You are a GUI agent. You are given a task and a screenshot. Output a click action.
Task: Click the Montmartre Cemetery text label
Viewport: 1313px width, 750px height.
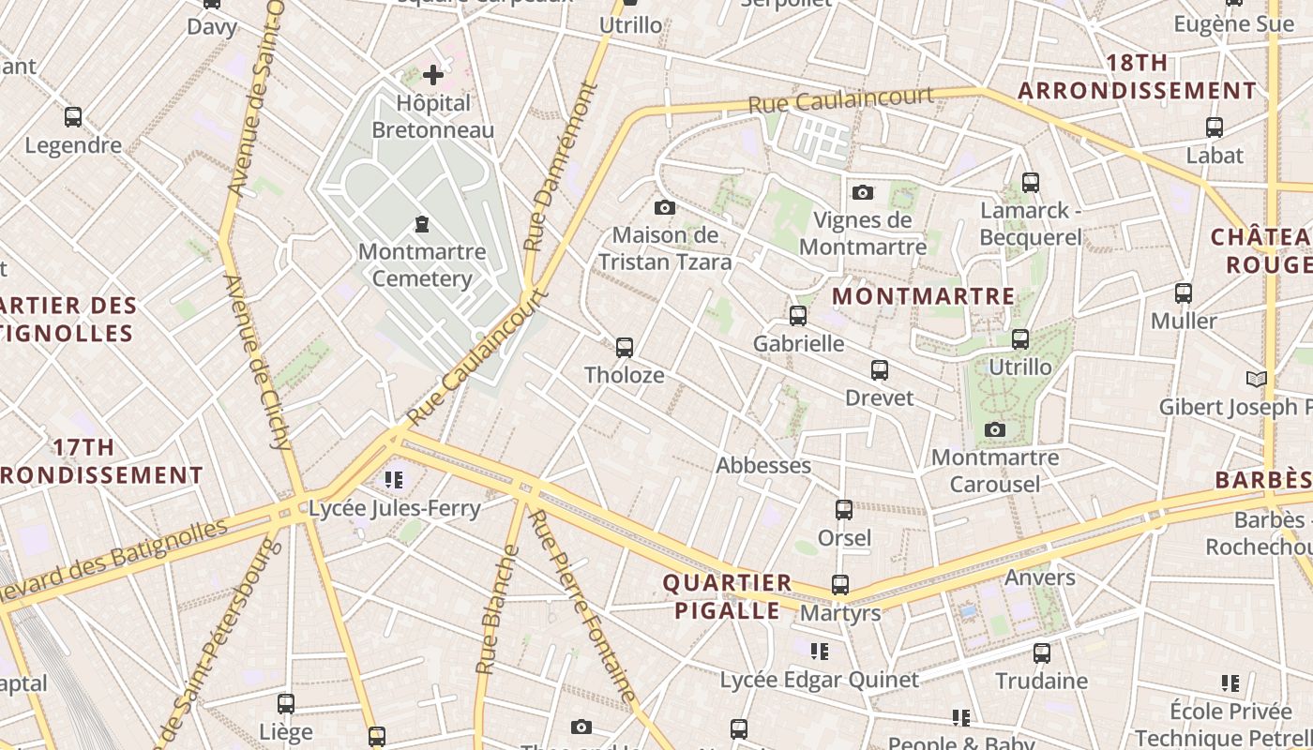point(422,264)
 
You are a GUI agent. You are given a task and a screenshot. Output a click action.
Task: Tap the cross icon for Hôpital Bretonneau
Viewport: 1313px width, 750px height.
point(433,74)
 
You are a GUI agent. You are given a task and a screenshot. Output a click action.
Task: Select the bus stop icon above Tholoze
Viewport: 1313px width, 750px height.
point(625,348)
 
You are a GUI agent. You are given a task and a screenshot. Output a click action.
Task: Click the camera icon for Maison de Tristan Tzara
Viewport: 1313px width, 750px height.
point(665,207)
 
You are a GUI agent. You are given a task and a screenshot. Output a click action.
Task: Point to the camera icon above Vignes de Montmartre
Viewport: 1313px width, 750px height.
point(863,193)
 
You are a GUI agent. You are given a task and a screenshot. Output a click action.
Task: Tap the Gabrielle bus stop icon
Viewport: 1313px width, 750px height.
point(798,316)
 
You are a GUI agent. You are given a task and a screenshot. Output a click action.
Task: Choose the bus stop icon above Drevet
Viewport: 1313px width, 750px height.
point(880,370)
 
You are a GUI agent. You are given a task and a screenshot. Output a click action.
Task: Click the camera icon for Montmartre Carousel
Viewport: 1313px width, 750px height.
point(995,430)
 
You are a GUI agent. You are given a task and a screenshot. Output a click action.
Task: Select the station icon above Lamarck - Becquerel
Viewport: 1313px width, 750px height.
point(1031,183)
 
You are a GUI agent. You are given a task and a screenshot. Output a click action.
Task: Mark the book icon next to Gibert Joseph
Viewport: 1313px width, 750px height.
point(1256,380)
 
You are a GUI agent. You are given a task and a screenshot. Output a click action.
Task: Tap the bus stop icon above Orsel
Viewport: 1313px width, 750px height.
point(844,510)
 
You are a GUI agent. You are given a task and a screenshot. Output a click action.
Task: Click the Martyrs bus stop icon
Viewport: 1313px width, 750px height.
point(840,585)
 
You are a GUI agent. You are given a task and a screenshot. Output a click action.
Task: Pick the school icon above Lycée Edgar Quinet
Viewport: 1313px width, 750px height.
point(820,651)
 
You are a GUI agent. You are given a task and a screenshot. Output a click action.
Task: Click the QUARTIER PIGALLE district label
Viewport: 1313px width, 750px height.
point(728,596)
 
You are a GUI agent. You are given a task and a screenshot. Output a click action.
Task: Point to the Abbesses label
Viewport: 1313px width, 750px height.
point(763,465)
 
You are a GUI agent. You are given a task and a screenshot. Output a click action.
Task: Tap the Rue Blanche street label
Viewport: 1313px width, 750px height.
point(497,609)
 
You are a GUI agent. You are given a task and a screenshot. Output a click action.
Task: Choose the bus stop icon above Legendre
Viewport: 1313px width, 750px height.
point(73,117)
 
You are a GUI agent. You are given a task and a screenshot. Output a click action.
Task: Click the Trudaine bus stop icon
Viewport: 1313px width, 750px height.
point(1042,653)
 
